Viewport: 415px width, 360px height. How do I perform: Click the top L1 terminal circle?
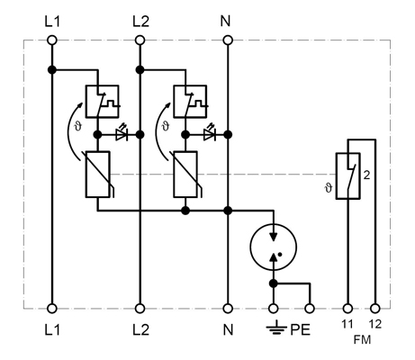click(x=52, y=40)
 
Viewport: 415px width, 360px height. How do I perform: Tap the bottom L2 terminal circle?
click(x=140, y=309)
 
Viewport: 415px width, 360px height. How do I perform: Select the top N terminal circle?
click(x=228, y=40)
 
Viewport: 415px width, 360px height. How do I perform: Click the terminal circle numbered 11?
click(x=347, y=309)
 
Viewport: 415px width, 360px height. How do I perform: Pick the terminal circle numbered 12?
click(x=375, y=309)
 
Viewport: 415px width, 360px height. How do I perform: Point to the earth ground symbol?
click(x=275, y=328)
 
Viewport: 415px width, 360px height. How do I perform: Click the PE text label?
click(x=300, y=330)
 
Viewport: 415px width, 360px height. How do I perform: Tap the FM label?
click(x=362, y=340)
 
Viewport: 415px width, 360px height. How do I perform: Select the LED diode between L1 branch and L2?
click(x=122, y=134)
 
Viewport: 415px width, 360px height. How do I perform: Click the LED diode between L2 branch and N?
click(x=210, y=134)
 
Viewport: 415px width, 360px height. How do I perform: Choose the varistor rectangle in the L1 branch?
click(x=98, y=175)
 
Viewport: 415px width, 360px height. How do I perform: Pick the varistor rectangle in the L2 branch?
click(x=185, y=175)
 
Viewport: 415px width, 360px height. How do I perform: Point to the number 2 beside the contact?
click(x=366, y=175)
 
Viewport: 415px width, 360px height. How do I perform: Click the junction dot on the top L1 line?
click(x=52, y=70)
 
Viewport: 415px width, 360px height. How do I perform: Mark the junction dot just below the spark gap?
click(x=274, y=283)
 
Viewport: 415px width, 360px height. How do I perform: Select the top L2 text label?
click(x=140, y=22)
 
